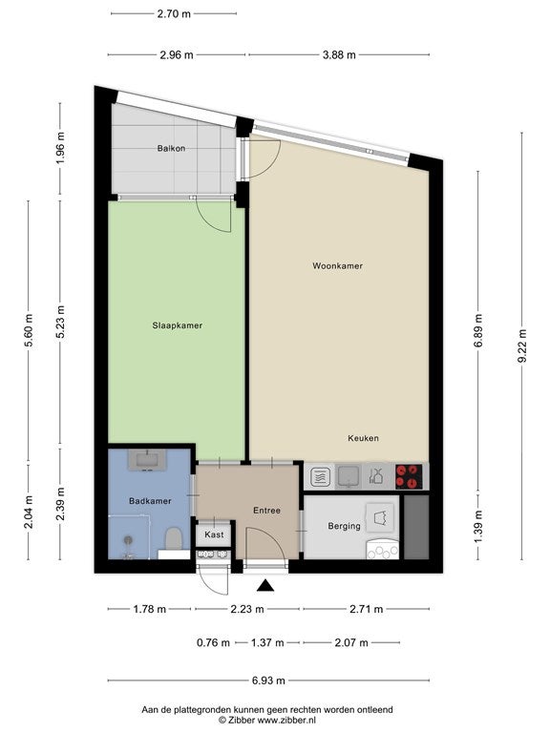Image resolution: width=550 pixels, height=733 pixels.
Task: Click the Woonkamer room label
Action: pyautogui.click(x=337, y=266)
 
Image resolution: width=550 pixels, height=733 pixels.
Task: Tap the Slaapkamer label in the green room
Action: pyautogui.click(x=178, y=325)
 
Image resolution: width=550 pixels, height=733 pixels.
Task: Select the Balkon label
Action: pyautogui.click(x=171, y=148)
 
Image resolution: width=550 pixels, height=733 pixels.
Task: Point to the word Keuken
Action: pyautogui.click(x=363, y=438)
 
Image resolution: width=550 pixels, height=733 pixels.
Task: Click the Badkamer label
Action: pyautogui.click(x=150, y=501)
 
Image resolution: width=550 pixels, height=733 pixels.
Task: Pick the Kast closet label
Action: pyautogui.click(x=214, y=534)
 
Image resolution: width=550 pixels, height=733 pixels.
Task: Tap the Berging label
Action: pyautogui.click(x=344, y=527)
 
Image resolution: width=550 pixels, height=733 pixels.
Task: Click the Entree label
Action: pyautogui.click(x=266, y=511)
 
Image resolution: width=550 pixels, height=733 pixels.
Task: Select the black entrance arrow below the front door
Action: pyautogui.click(x=265, y=585)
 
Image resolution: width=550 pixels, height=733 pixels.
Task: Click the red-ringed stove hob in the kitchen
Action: pyautogui.click(x=410, y=476)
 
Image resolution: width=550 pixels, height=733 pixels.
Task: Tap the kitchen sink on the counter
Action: pyautogui.click(x=348, y=476)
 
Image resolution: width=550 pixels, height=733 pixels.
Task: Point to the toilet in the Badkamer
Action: pyautogui.click(x=174, y=538)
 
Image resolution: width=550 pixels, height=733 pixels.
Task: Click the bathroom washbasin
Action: pyautogui.click(x=147, y=460)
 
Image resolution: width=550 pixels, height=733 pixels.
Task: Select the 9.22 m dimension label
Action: pyautogui.click(x=522, y=346)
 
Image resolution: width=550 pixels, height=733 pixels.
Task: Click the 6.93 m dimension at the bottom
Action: pyautogui.click(x=268, y=681)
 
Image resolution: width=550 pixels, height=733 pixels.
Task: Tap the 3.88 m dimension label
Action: pyautogui.click(x=339, y=54)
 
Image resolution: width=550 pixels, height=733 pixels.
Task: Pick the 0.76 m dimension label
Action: pyautogui.click(x=213, y=642)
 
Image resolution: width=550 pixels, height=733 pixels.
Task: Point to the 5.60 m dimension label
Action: pyautogui.click(x=29, y=330)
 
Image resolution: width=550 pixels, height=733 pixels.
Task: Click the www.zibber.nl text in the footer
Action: pyautogui.click(x=286, y=720)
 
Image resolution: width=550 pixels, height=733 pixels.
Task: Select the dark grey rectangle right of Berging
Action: pyautogui.click(x=416, y=527)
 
